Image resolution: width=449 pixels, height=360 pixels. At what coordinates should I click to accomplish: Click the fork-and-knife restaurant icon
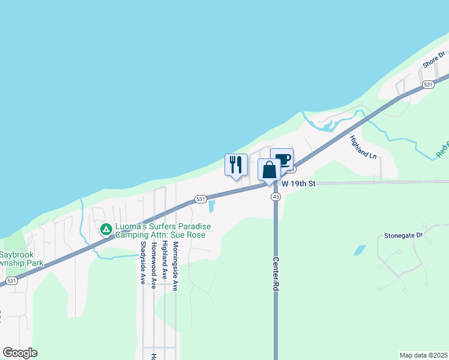click(236, 164)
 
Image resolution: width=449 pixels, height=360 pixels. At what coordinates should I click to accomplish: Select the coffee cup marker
click(282, 159)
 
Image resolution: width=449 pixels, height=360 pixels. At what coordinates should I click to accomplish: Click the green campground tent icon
click(106, 229)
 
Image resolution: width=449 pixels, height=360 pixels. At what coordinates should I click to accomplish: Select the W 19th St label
click(298, 183)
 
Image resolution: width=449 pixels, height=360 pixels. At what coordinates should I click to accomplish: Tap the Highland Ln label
click(363, 146)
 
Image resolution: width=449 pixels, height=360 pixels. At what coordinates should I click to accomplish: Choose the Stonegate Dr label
click(403, 236)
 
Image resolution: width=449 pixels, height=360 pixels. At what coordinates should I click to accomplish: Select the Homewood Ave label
click(154, 265)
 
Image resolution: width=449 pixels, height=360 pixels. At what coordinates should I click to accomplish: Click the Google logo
click(20, 353)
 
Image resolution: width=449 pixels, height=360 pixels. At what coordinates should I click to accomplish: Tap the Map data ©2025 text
click(423, 355)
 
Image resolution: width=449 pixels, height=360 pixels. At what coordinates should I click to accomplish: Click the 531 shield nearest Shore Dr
click(428, 85)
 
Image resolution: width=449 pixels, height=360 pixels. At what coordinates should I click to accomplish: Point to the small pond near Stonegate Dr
click(360, 250)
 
